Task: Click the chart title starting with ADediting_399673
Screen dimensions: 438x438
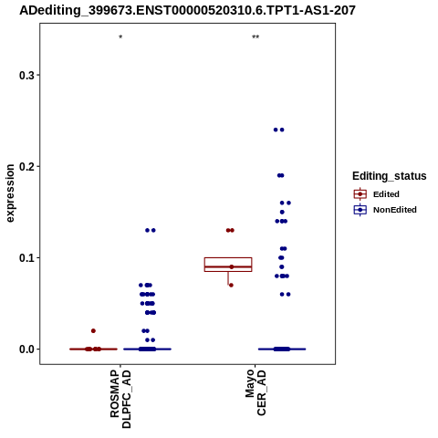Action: (x=187, y=10)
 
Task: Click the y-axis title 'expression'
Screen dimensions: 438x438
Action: (x=10, y=193)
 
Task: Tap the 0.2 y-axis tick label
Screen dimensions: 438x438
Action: (x=26, y=166)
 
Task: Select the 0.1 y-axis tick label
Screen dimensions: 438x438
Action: (x=26, y=258)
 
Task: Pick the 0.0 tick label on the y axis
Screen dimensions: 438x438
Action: (x=26, y=349)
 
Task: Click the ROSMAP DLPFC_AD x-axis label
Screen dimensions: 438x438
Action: (x=120, y=399)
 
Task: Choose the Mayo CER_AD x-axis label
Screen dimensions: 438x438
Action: (x=255, y=392)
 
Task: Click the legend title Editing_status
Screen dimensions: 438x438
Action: (x=390, y=176)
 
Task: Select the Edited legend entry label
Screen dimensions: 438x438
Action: (x=386, y=194)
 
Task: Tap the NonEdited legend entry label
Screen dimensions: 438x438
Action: (x=395, y=210)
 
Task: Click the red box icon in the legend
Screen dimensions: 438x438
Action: (x=360, y=194)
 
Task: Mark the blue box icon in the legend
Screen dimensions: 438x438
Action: (x=360, y=210)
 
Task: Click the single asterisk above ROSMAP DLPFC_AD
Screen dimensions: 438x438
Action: (x=120, y=37)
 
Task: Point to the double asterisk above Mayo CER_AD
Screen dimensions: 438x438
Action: (x=255, y=37)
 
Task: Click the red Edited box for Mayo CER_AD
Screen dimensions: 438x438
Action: (x=228, y=265)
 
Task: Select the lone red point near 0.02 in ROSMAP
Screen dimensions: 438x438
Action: (x=93, y=331)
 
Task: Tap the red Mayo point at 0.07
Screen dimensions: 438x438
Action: (x=231, y=286)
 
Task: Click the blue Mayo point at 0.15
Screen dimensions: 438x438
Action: (x=282, y=212)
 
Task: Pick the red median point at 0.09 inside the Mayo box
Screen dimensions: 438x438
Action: (x=232, y=267)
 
